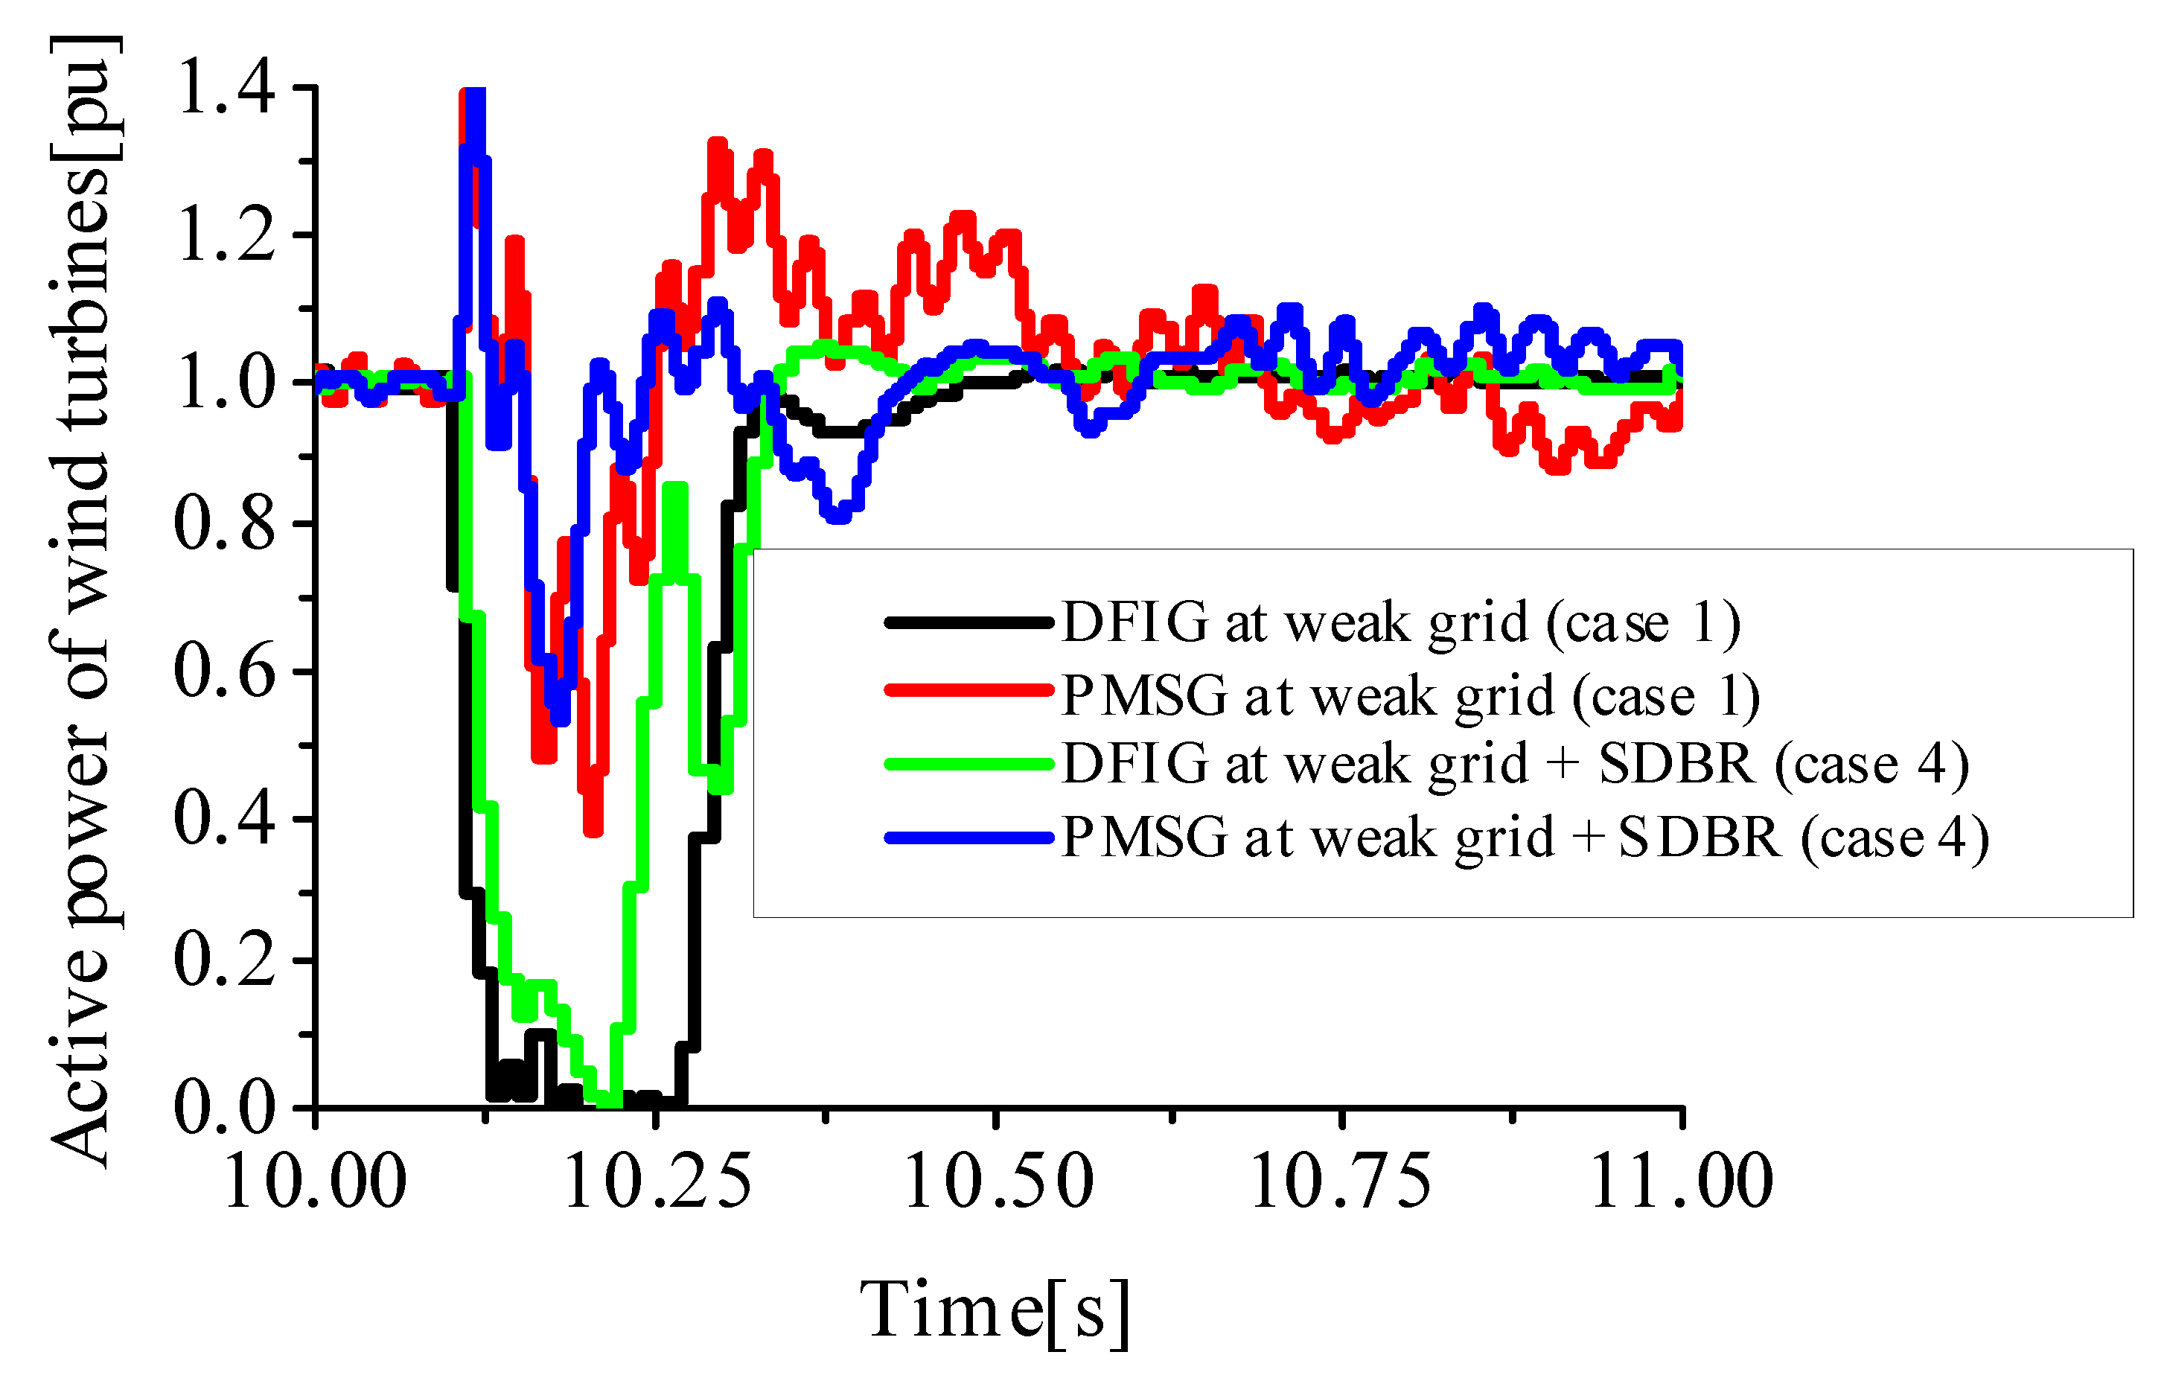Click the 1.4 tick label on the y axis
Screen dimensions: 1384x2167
[226, 88]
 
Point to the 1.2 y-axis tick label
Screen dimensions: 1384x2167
[226, 236]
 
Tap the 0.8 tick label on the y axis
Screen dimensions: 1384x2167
[224, 525]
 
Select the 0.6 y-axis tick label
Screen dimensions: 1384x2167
[224, 672]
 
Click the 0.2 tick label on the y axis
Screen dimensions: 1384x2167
[224, 960]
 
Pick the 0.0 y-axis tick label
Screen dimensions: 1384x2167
[224, 1108]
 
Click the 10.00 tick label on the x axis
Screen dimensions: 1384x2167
[315, 1181]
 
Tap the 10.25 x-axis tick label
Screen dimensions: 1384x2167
[656, 1181]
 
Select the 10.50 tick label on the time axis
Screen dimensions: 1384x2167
[997, 1181]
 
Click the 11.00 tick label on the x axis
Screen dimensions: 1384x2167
[1681, 1181]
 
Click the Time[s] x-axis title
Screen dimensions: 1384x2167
[995, 1312]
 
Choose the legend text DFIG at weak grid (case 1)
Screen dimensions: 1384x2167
[1400, 622]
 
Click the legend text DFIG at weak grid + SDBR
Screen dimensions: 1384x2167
[1516, 765]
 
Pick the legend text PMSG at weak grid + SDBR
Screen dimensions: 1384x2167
[1525, 838]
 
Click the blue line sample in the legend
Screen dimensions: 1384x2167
[968, 838]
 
